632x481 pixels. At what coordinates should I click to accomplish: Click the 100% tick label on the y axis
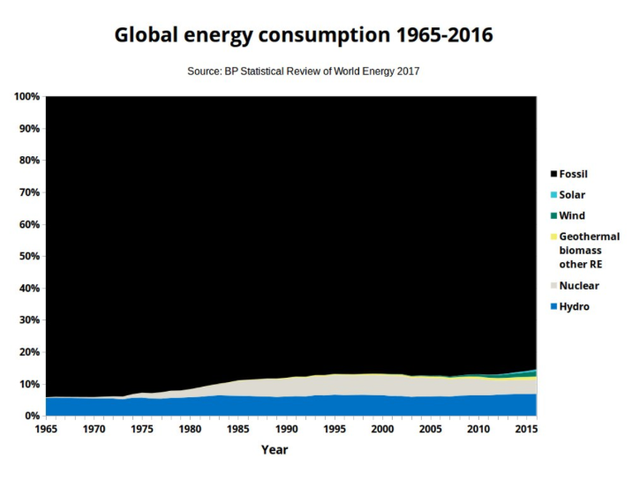(x=26, y=96)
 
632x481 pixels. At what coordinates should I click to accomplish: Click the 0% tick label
(x=32, y=416)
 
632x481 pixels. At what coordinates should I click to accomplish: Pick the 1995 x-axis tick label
(x=334, y=429)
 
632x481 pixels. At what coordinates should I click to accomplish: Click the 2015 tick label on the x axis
(x=527, y=429)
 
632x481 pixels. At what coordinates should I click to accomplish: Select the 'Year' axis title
(x=274, y=449)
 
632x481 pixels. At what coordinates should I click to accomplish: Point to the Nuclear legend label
(x=579, y=286)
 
